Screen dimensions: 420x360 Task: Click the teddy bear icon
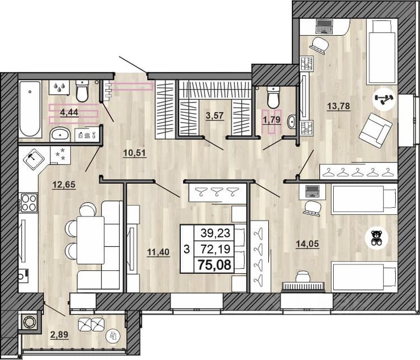click(376, 238)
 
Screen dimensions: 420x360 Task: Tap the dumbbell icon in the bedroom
click(384, 99)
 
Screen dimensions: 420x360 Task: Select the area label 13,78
click(339, 106)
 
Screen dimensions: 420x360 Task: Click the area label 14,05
click(307, 244)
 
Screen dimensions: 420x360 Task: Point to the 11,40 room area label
click(158, 252)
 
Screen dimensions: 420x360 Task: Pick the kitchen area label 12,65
click(64, 185)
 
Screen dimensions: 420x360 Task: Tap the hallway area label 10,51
click(134, 153)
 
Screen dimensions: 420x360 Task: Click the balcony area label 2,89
click(59, 335)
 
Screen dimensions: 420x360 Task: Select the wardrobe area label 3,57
click(214, 116)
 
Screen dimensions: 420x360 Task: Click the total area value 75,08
click(214, 265)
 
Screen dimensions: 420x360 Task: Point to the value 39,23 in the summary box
click(216, 233)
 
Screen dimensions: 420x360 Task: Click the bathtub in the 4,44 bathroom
click(30, 109)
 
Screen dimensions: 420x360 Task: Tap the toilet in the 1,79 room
click(273, 97)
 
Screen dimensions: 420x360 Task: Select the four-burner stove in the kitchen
click(29, 203)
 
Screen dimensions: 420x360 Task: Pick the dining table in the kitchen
click(91, 240)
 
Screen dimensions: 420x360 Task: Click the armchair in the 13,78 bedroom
click(376, 130)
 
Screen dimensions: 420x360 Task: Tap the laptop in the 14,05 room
click(312, 191)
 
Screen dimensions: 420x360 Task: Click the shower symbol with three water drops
click(59, 87)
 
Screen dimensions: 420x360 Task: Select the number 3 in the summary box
click(186, 249)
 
